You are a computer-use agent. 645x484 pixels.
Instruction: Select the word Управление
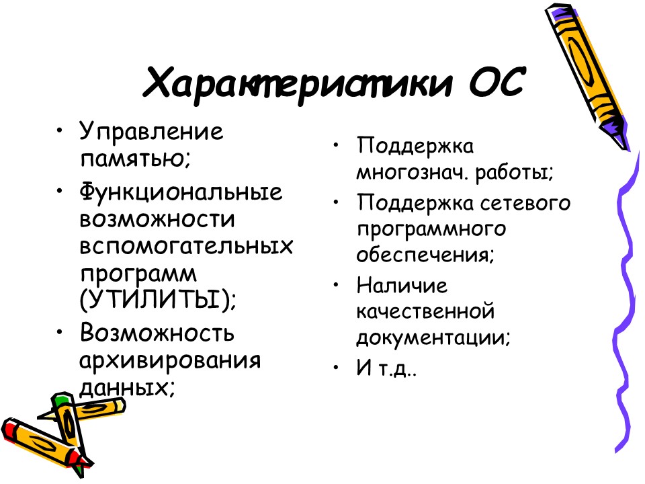[x=151, y=131]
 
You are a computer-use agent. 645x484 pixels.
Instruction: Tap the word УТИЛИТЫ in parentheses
[x=157, y=298]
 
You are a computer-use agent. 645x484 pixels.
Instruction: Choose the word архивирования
[x=169, y=360]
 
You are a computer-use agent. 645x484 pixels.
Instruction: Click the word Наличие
[x=402, y=285]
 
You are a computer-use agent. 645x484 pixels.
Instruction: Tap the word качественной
[x=426, y=312]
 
